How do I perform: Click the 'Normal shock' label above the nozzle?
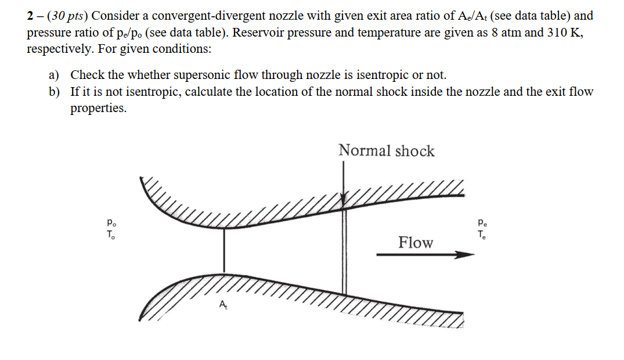(x=387, y=151)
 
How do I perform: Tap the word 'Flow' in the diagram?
(x=416, y=243)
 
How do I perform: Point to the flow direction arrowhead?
(x=462, y=254)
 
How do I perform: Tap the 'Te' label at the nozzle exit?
(x=482, y=235)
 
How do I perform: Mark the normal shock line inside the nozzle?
(x=344, y=250)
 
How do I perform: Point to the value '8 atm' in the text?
(x=504, y=33)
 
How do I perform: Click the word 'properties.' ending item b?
(x=98, y=109)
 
